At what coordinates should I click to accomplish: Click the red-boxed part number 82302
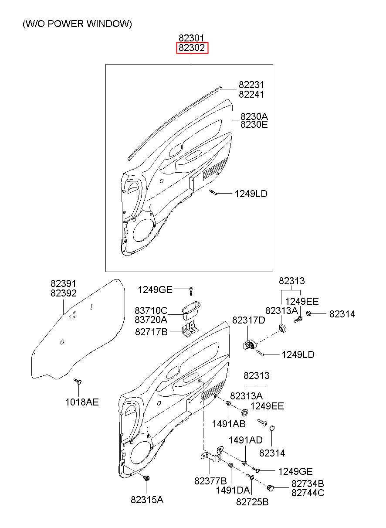192,48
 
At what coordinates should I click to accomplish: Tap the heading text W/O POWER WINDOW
77,24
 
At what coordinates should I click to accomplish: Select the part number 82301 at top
191,38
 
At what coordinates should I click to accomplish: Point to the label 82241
251,95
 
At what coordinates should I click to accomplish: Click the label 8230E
254,124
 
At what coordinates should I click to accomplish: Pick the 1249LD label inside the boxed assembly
251,194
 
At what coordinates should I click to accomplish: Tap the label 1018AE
82,402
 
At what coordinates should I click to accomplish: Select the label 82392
64,293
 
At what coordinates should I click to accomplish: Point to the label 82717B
151,332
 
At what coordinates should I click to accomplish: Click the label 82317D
248,320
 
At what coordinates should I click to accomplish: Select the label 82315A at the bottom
147,500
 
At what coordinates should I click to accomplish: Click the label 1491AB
229,424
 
